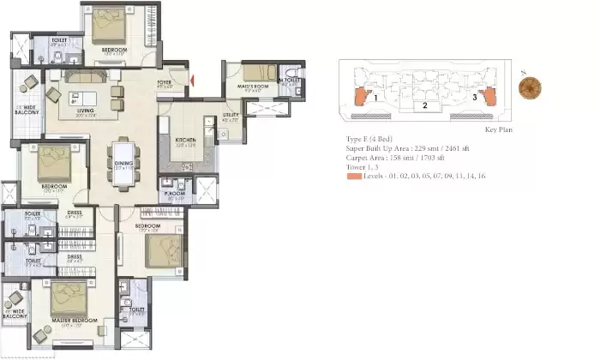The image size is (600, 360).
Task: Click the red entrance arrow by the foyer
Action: [x=192, y=81]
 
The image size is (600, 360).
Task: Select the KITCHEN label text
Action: [x=186, y=139]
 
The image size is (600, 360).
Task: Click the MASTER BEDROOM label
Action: [x=70, y=324]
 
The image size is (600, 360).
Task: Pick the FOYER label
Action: [x=165, y=84]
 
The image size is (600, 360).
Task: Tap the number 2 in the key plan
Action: [x=424, y=105]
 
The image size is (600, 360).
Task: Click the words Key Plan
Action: [x=498, y=129]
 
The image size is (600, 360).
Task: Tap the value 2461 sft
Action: [x=456, y=147]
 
